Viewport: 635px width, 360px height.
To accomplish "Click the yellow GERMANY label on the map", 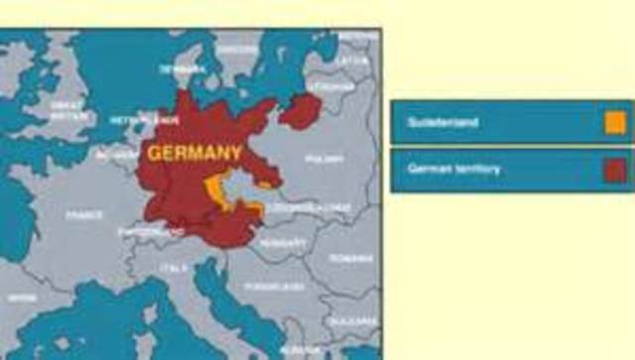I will point(193,154).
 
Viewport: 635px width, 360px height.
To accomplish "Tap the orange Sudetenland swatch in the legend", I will point(615,123).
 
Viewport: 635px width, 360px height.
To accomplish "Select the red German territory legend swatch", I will point(615,171).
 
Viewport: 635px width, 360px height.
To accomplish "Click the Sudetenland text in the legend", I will point(443,123).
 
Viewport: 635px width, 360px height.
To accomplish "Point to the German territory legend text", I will point(453,170).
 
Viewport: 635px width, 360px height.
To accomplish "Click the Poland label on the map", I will point(324,159).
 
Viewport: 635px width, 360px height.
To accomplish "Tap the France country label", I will point(84,214).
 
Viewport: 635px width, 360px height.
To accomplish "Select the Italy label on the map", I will point(174,268).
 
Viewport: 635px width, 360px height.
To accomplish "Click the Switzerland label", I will point(139,233).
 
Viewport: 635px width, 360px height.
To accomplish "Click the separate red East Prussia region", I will point(300,109).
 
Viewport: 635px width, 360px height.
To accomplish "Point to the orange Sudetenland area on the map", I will point(214,187).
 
